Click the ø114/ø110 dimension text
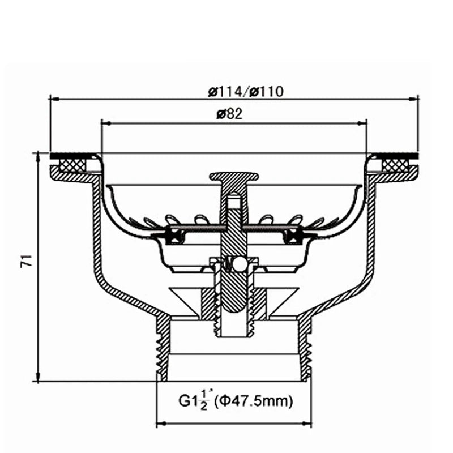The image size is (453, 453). (245, 91)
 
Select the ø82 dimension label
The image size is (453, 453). (229, 114)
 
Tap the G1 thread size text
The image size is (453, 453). (190, 401)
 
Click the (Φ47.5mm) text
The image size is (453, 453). (254, 402)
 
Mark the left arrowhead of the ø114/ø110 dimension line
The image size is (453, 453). (54, 99)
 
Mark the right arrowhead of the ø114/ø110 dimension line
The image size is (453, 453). (414, 99)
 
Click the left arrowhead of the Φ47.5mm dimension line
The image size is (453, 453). (160, 423)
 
